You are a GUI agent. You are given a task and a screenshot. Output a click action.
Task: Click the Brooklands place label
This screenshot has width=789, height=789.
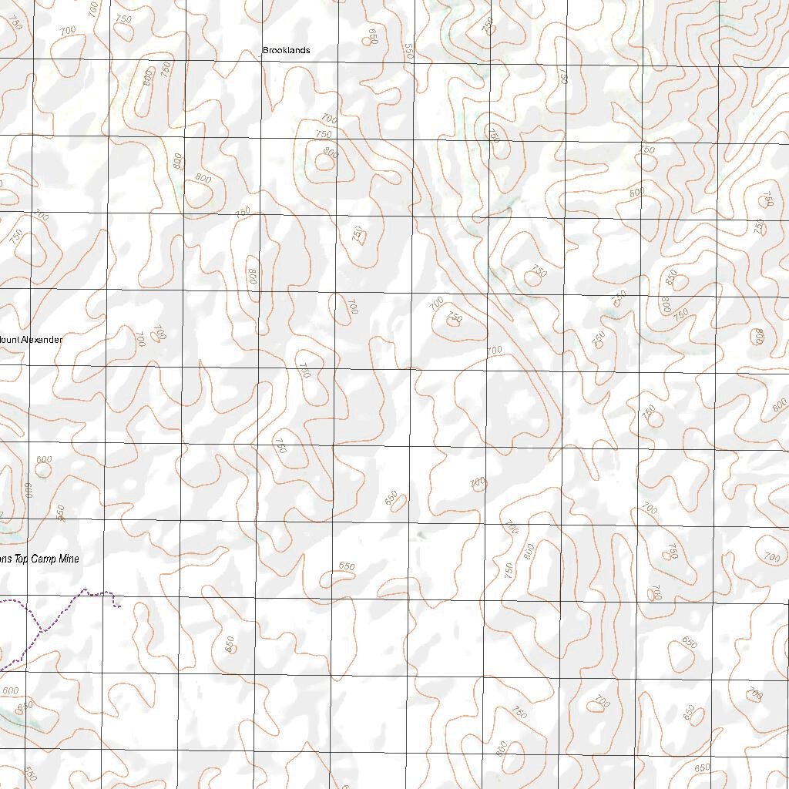click(x=286, y=50)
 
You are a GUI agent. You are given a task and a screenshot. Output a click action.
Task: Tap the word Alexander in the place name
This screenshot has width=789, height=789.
click(x=42, y=340)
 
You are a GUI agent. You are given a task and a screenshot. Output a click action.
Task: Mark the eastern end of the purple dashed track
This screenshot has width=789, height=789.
click(x=119, y=606)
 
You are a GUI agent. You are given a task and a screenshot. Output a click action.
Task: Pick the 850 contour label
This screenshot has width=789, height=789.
click(x=671, y=275)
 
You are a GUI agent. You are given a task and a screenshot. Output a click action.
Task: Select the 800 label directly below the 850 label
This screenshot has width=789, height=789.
click(x=666, y=305)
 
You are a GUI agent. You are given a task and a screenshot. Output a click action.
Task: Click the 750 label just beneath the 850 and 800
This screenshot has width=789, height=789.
click(x=680, y=314)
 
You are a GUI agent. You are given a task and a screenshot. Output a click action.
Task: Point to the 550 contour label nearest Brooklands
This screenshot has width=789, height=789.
click(x=408, y=51)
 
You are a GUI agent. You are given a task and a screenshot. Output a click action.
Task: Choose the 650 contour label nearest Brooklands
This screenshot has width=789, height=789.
click(x=374, y=37)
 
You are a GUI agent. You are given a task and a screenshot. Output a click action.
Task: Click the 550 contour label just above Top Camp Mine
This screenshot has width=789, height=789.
click(x=61, y=512)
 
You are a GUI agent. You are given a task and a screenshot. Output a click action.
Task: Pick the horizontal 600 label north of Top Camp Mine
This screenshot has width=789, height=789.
click(x=44, y=460)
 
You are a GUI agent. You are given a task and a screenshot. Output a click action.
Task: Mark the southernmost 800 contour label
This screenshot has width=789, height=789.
click(x=502, y=748)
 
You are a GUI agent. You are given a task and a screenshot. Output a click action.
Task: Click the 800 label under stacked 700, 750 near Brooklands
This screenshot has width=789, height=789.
click(x=330, y=153)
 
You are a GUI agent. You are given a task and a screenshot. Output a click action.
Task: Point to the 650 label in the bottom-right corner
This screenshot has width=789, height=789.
click(x=701, y=767)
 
